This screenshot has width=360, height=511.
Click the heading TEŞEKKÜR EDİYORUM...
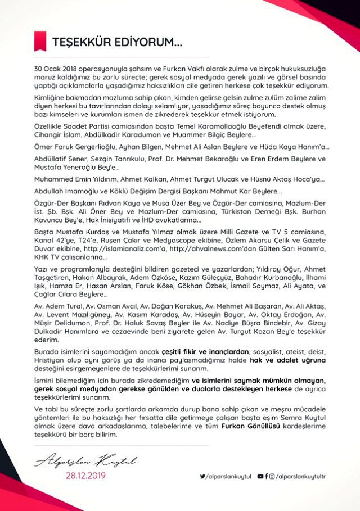tap(116, 42)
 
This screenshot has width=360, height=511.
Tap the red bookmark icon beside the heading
tap(39, 41)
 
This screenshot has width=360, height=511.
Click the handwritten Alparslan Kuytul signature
tap(85, 462)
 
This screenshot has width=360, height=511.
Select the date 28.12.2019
tap(85, 476)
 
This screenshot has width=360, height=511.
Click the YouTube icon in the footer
tap(260, 476)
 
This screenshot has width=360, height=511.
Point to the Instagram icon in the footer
tap(272, 476)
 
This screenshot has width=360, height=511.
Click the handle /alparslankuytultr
tap(301, 476)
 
